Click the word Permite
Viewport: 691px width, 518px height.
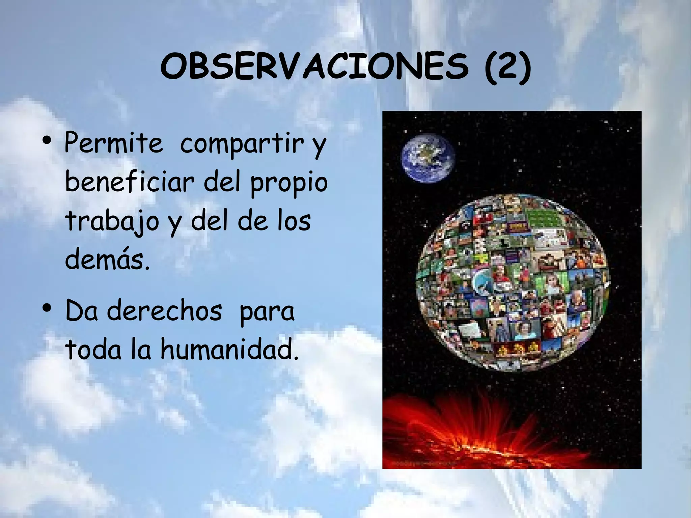coord(113,143)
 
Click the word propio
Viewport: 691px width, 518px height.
coord(288,182)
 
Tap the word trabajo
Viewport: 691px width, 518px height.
coord(112,221)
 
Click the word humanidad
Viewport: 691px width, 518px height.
coord(229,350)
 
